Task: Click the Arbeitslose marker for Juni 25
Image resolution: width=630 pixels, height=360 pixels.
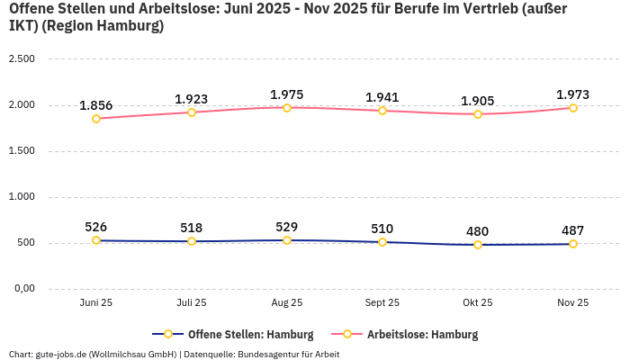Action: tap(96, 118)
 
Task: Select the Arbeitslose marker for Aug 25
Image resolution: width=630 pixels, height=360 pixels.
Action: tap(287, 108)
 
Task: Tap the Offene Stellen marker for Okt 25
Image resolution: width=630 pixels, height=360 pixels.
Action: tap(478, 245)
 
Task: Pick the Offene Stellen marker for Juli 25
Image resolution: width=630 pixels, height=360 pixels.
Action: tap(192, 241)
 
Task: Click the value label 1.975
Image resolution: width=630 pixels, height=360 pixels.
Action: tap(287, 94)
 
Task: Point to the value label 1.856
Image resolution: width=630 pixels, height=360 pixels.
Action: tap(96, 105)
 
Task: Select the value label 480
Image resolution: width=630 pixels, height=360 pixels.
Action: tap(478, 231)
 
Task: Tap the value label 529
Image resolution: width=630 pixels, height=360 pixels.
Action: tap(287, 227)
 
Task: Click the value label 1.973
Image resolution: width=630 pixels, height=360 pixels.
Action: tap(572, 94)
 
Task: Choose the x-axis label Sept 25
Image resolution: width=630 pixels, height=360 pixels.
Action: tap(382, 303)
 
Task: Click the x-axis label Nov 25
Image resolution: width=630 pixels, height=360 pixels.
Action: tap(572, 303)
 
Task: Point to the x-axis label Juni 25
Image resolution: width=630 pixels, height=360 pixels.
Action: tap(96, 303)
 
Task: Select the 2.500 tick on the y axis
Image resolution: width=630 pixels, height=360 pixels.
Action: tap(21, 59)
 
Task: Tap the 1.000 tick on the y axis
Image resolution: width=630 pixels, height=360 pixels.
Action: tap(21, 197)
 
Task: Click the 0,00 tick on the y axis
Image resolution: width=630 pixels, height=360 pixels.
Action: tap(22, 289)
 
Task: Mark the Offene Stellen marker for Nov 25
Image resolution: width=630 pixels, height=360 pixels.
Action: tap(572, 244)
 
